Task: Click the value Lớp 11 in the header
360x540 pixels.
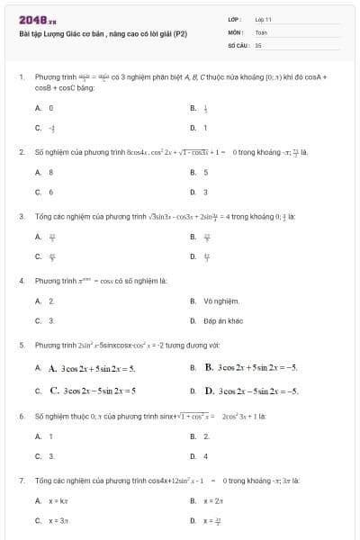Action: (x=263, y=19)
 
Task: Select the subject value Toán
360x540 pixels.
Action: (x=261, y=31)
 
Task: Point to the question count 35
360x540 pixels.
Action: (x=258, y=44)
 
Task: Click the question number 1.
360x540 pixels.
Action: (x=21, y=77)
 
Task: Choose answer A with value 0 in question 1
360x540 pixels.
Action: (x=51, y=108)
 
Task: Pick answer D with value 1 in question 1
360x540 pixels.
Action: (x=205, y=128)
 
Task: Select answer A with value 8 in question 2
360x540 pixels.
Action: (x=51, y=172)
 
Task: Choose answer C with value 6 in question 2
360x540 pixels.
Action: (x=51, y=192)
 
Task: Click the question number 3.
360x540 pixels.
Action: (x=21, y=217)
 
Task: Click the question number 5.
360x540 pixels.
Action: (x=21, y=345)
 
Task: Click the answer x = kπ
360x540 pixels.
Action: (x=58, y=500)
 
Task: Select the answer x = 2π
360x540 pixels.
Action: (x=212, y=500)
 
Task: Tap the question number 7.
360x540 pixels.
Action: (x=21, y=481)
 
